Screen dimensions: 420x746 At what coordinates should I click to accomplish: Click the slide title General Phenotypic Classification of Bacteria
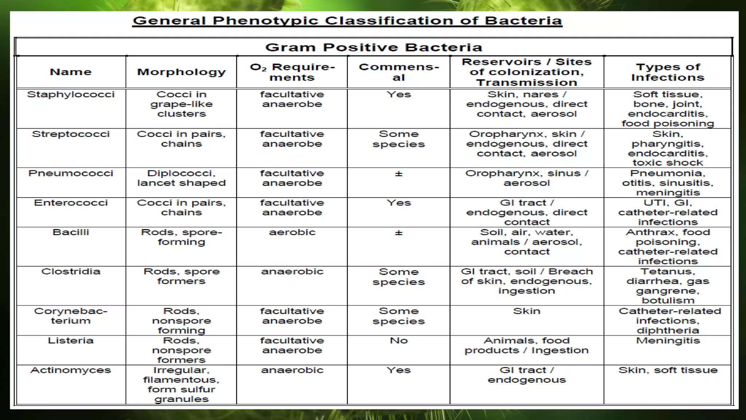coord(347,21)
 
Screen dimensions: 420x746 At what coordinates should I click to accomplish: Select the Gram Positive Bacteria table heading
coord(373,47)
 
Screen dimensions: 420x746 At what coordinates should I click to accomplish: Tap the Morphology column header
coord(181,72)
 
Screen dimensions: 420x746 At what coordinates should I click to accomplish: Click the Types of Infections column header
coord(668,72)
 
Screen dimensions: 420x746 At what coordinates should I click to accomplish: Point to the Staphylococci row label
coord(71,94)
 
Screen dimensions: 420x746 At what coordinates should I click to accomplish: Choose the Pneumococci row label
coord(71,173)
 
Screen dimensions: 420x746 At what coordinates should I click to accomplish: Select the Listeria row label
coord(71,341)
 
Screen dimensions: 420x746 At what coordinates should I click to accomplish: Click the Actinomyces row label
coord(71,370)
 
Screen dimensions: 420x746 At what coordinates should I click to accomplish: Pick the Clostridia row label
coord(71,272)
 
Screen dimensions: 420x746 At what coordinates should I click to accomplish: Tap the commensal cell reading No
coord(398,341)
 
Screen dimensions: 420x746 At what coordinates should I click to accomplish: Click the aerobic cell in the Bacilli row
coord(292,232)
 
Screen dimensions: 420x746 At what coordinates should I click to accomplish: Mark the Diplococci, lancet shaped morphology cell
coord(181,178)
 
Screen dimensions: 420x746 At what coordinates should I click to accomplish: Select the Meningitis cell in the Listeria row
coord(668,341)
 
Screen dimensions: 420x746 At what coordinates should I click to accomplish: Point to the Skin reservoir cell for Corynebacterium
coord(527,311)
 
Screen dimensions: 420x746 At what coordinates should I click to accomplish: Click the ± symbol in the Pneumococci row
coord(398,174)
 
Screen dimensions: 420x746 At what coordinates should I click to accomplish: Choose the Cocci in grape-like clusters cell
coord(181,104)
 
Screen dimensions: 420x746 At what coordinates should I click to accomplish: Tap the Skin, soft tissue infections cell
coord(668,370)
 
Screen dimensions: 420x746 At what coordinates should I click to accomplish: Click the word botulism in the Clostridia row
coord(668,300)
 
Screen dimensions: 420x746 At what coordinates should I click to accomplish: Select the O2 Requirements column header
coord(292,72)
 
